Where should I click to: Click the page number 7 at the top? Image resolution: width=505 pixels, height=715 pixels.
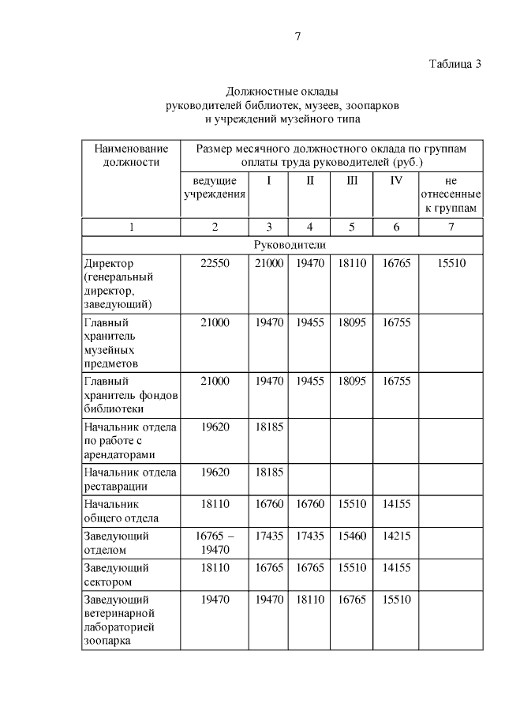click(297, 36)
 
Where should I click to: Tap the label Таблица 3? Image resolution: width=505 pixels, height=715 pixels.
click(455, 64)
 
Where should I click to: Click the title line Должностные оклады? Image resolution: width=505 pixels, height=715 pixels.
click(282, 92)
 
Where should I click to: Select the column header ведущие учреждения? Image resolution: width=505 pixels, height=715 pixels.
click(215, 187)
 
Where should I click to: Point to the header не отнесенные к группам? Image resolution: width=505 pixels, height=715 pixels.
click(451, 194)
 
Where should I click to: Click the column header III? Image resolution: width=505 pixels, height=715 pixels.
click(352, 180)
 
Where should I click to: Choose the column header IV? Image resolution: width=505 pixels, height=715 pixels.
click(396, 180)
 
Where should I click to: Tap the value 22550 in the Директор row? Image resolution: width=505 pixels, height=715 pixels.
click(215, 263)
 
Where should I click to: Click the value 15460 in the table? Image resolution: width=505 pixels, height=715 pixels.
click(352, 536)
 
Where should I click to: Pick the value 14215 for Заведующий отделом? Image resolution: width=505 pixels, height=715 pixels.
click(396, 536)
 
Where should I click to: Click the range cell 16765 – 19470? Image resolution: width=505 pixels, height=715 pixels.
click(215, 542)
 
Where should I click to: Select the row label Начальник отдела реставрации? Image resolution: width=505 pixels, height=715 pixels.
click(130, 479)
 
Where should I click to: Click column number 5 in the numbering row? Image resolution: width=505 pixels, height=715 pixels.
click(352, 227)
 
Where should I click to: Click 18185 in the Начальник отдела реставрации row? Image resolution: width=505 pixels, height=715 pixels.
click(268, 472)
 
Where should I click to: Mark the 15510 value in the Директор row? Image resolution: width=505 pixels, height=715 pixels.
click(451, 263)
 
